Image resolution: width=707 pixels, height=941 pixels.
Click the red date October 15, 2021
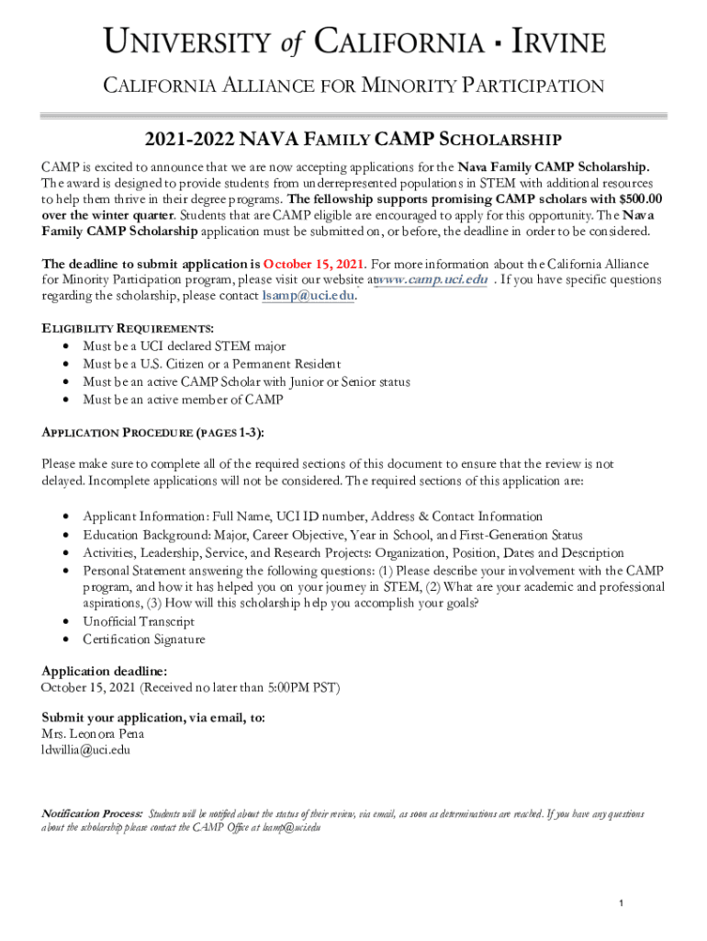315,264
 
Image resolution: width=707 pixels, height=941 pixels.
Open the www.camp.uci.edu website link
432,279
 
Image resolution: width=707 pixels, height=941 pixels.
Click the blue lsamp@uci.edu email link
308,296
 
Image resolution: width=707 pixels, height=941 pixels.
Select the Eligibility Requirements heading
128,329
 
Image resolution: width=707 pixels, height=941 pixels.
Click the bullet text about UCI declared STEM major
184,346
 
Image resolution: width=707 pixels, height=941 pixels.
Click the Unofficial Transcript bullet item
139,622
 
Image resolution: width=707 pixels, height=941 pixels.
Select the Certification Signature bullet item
144,640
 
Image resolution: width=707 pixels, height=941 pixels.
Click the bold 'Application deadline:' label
104,671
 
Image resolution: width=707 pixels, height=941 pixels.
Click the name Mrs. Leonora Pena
93,733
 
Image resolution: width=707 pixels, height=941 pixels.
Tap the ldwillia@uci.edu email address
86,750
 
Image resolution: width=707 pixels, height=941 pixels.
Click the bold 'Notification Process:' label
92,814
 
